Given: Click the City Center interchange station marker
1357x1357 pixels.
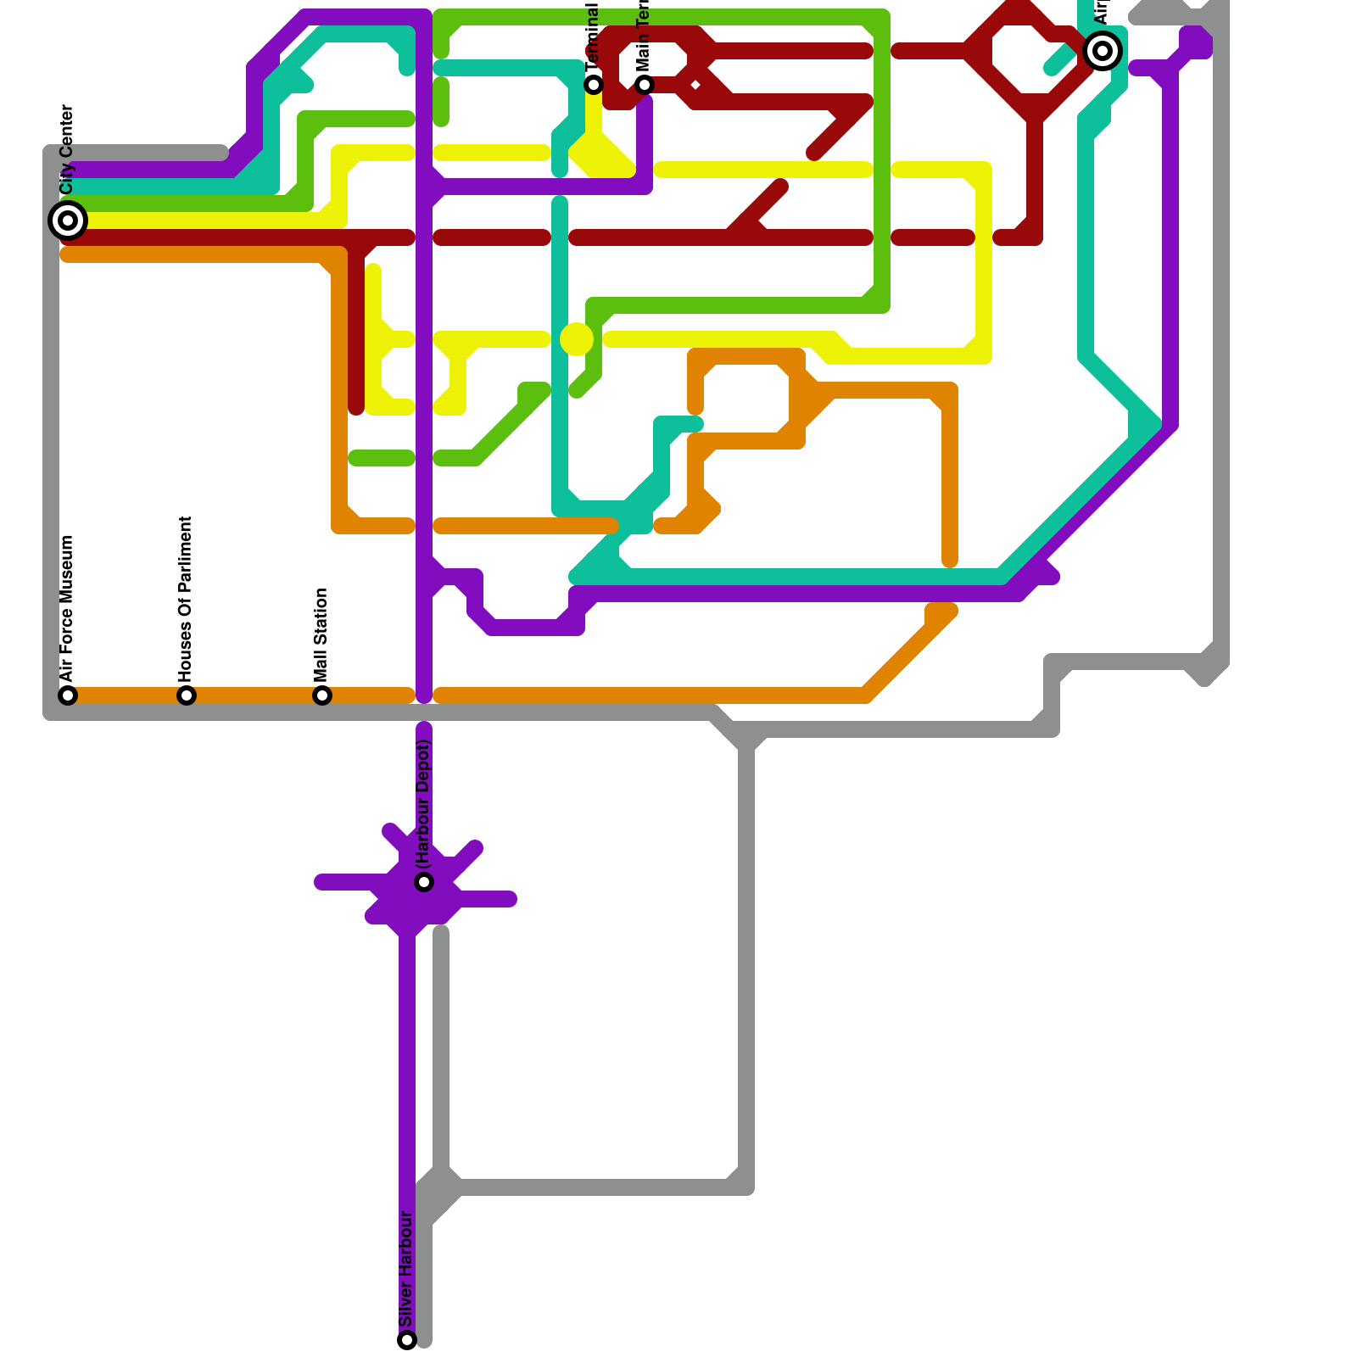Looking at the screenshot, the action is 68,221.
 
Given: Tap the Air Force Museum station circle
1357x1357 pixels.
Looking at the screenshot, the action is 68,695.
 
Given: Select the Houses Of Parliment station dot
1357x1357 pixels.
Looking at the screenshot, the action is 187,695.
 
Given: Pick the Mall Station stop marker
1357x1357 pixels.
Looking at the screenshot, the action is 322,695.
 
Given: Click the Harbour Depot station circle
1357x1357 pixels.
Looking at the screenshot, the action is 424,882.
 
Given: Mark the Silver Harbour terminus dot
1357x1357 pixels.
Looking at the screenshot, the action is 407,1340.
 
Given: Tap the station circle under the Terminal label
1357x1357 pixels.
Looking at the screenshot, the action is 594,84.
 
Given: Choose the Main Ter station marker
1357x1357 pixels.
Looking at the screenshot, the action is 645,84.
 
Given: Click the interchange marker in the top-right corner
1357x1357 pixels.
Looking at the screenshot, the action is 1103,51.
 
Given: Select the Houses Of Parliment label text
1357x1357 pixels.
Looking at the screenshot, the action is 187,598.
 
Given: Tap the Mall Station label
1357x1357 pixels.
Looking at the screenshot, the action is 321,634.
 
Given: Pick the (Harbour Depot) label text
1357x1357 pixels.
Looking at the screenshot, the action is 424,803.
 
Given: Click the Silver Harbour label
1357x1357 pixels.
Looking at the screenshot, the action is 406,1269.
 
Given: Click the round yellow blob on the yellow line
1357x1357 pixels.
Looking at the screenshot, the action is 577,339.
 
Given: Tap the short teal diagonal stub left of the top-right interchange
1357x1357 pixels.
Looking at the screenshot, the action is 1059,60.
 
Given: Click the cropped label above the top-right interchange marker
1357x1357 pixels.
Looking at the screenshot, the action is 1102,12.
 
